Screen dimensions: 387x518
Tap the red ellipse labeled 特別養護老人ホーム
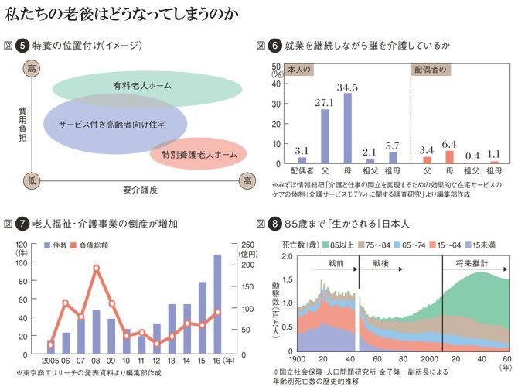coord(199,156)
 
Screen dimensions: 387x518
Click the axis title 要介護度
coord(139,189)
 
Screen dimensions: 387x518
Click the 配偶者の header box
coord(431,69)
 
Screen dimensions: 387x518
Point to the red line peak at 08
coord(97,269)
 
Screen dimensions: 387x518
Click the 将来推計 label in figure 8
coord(474,263)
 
